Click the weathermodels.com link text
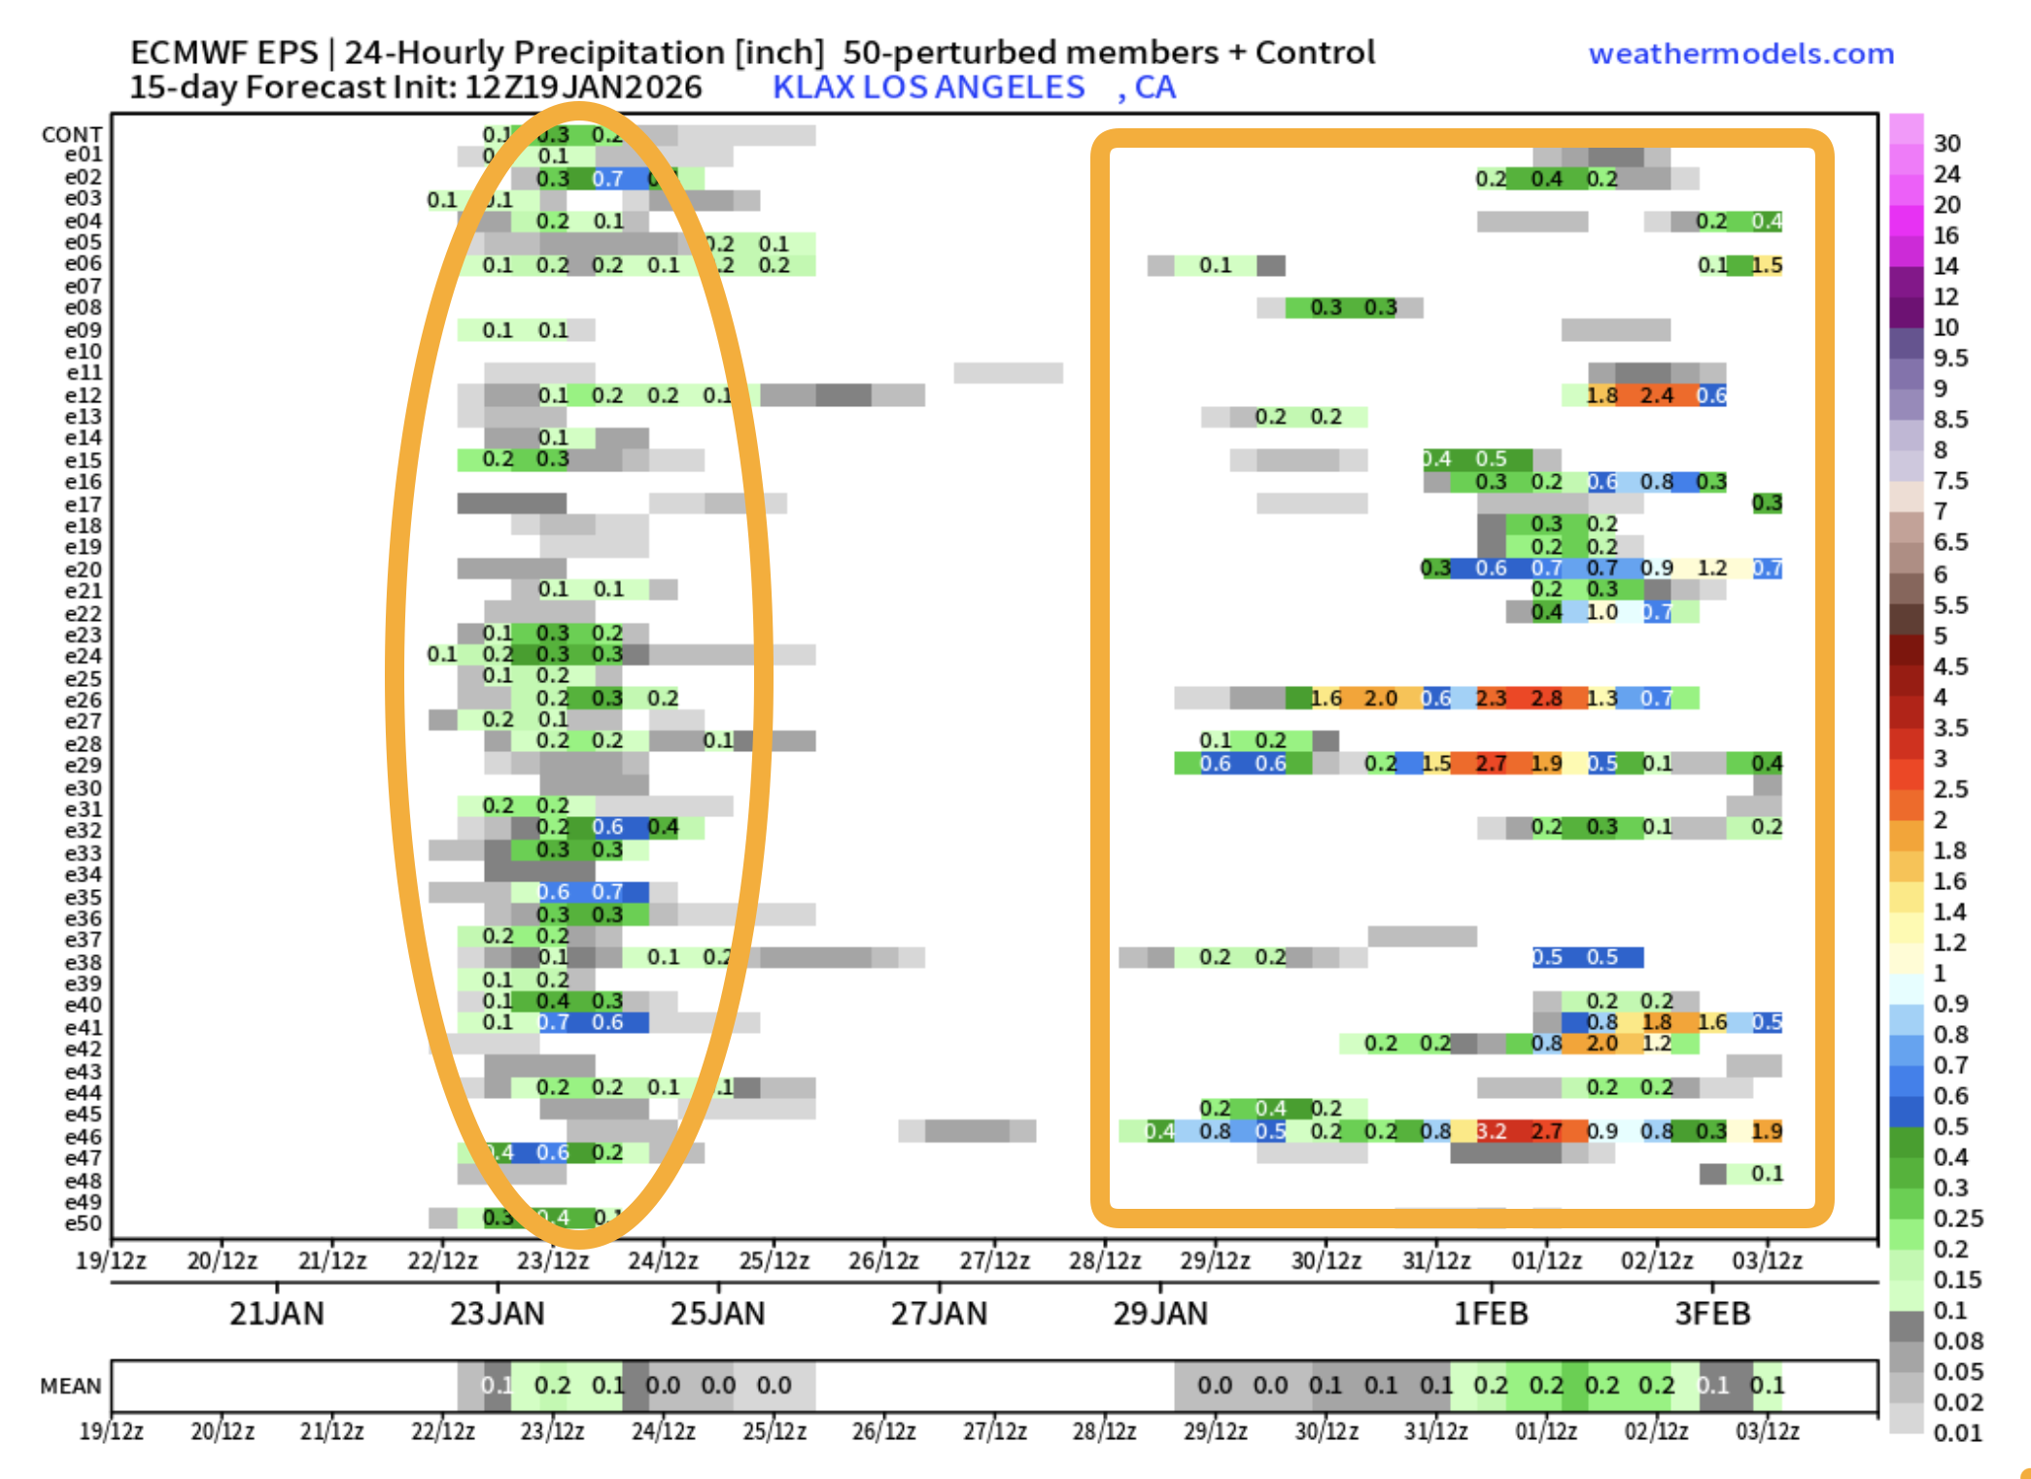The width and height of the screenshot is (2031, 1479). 1740,53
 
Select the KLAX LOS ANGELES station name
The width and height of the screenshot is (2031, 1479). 928,87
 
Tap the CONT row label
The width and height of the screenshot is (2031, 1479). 71,134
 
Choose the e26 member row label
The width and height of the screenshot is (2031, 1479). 83,700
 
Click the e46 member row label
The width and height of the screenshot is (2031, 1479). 83,1136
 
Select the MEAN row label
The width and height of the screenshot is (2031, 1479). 70,1386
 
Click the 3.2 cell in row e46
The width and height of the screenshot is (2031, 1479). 1491,1131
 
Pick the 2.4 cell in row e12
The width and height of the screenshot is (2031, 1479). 1657,396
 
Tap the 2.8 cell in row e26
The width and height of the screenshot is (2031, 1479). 1546,699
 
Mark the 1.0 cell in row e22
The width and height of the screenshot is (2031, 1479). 1601,612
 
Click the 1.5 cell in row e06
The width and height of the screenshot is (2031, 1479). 1767,265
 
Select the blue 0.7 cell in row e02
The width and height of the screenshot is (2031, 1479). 607,179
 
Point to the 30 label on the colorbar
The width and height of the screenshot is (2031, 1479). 1946,144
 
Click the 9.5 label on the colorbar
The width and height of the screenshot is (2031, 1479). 1950,359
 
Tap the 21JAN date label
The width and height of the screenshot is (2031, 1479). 276,1314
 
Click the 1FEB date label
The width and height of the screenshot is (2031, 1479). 1491,1314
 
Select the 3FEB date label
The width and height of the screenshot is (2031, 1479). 1712,1314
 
